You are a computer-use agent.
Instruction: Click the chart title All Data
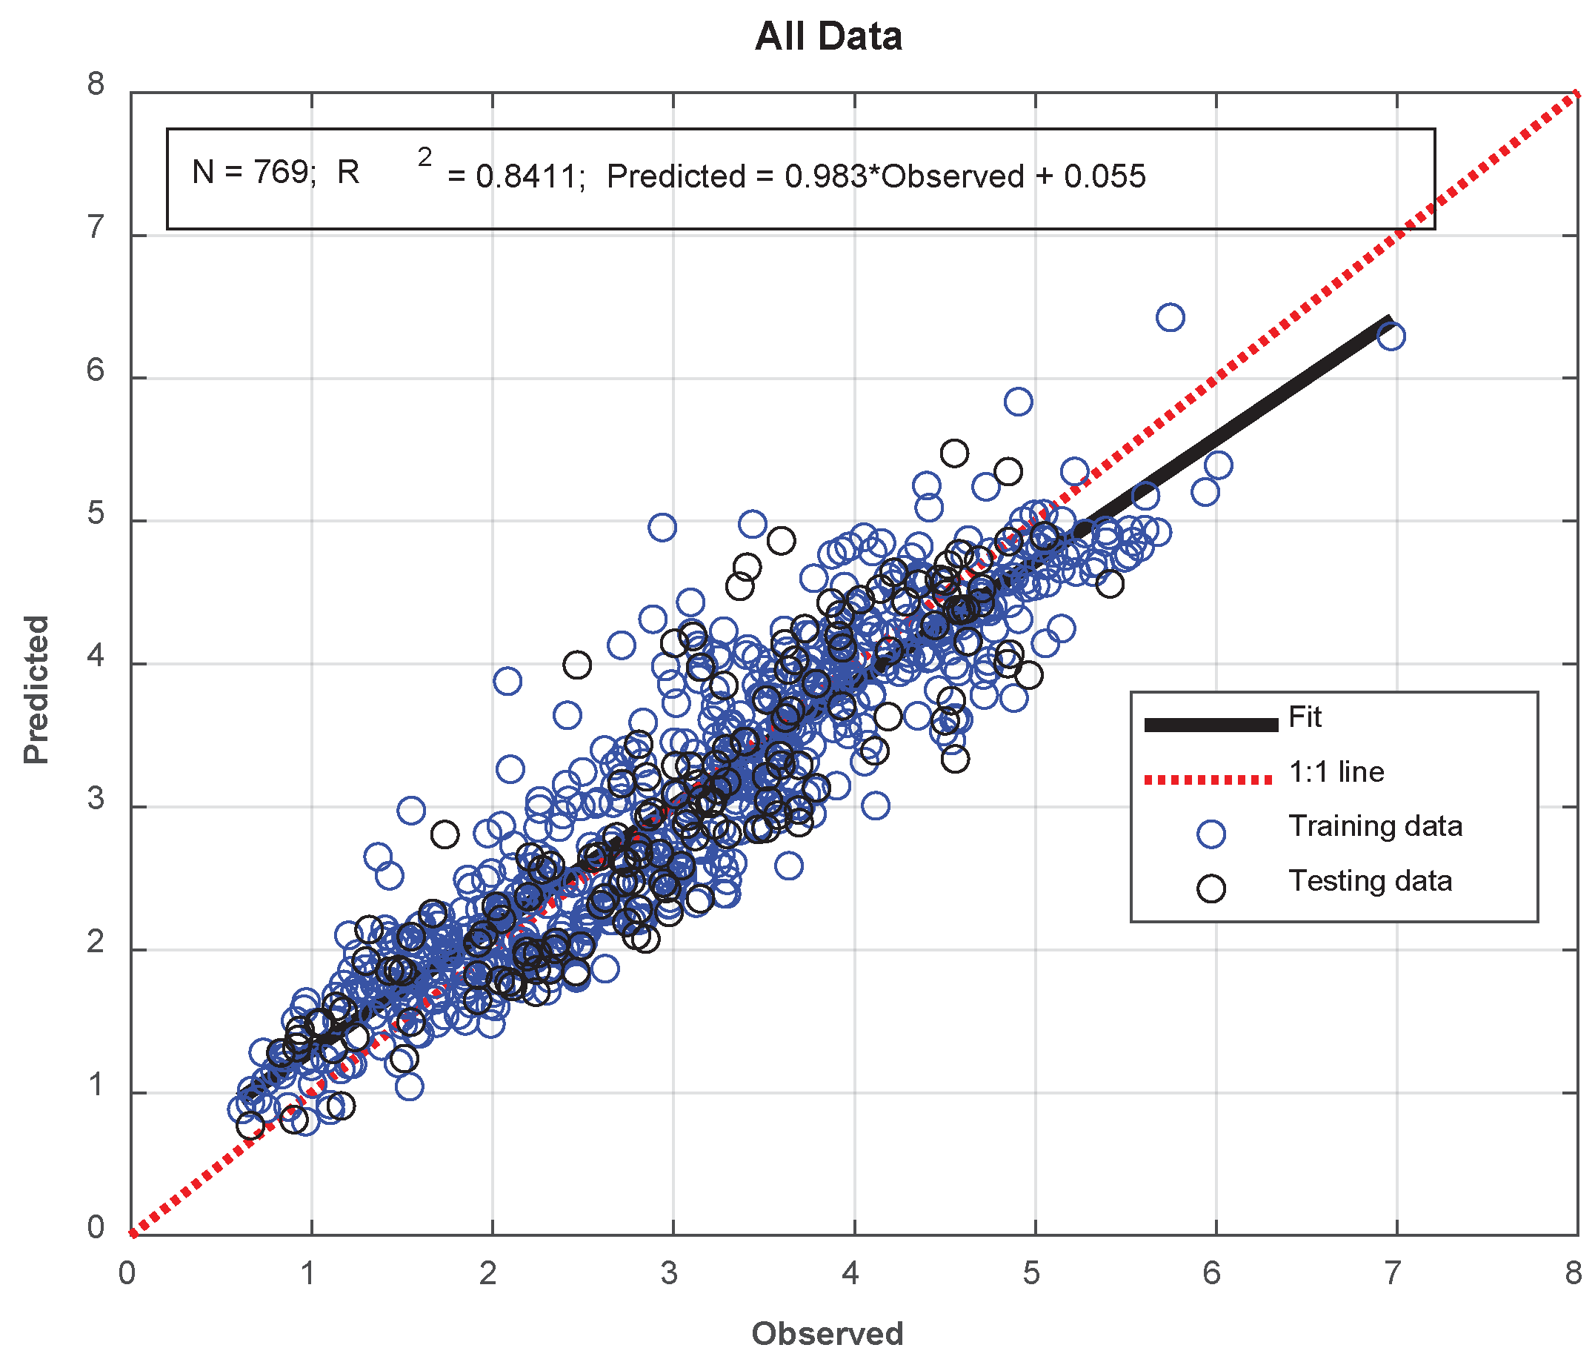828,36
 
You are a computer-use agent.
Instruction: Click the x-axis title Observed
828,1334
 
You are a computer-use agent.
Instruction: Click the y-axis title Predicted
36,689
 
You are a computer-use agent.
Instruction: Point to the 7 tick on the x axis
1393,1275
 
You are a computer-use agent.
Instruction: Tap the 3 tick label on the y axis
96,798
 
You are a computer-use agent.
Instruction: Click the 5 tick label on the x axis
1030,1275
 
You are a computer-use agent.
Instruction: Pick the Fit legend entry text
1305,717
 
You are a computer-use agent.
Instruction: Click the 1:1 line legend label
1336,771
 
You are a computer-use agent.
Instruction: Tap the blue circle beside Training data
1211,834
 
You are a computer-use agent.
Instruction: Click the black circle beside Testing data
1211,888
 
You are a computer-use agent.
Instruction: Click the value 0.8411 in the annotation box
527,177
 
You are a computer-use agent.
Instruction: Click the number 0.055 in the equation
1105,177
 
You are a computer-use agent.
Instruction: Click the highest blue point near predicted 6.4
1170,317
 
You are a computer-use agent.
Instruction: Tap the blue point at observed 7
1391,336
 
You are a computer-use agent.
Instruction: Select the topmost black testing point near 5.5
954,454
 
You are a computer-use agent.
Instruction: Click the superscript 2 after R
425,157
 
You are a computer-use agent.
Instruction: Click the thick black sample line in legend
1211,725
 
